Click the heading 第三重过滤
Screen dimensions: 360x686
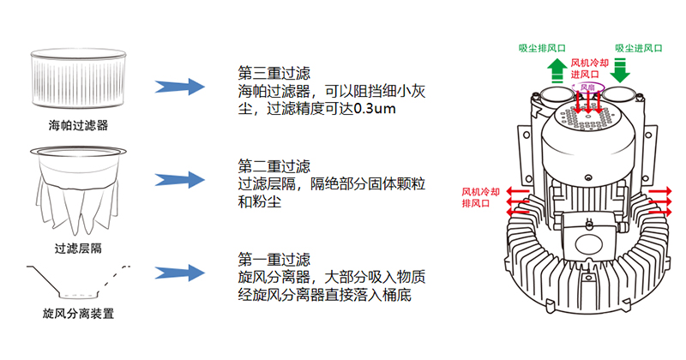coord(274,70)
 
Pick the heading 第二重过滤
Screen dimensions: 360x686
coord(274,165)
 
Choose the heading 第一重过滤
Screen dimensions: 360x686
coord(274,259)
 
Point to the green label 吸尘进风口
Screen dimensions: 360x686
coord(638,49)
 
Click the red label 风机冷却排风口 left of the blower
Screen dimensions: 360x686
coord(483,197)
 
